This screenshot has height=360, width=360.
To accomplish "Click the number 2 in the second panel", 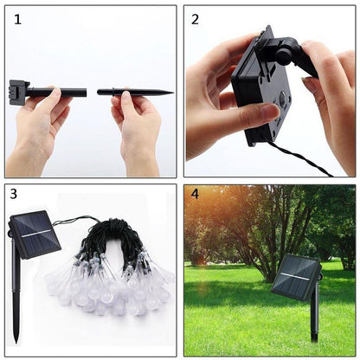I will point(195,19).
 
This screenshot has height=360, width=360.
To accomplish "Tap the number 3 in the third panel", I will point(15,196).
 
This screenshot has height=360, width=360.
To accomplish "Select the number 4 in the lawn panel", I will point(195,196).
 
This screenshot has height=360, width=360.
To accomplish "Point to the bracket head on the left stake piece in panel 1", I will point(16,90).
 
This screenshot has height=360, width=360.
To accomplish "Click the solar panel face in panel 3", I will point(35,235).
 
